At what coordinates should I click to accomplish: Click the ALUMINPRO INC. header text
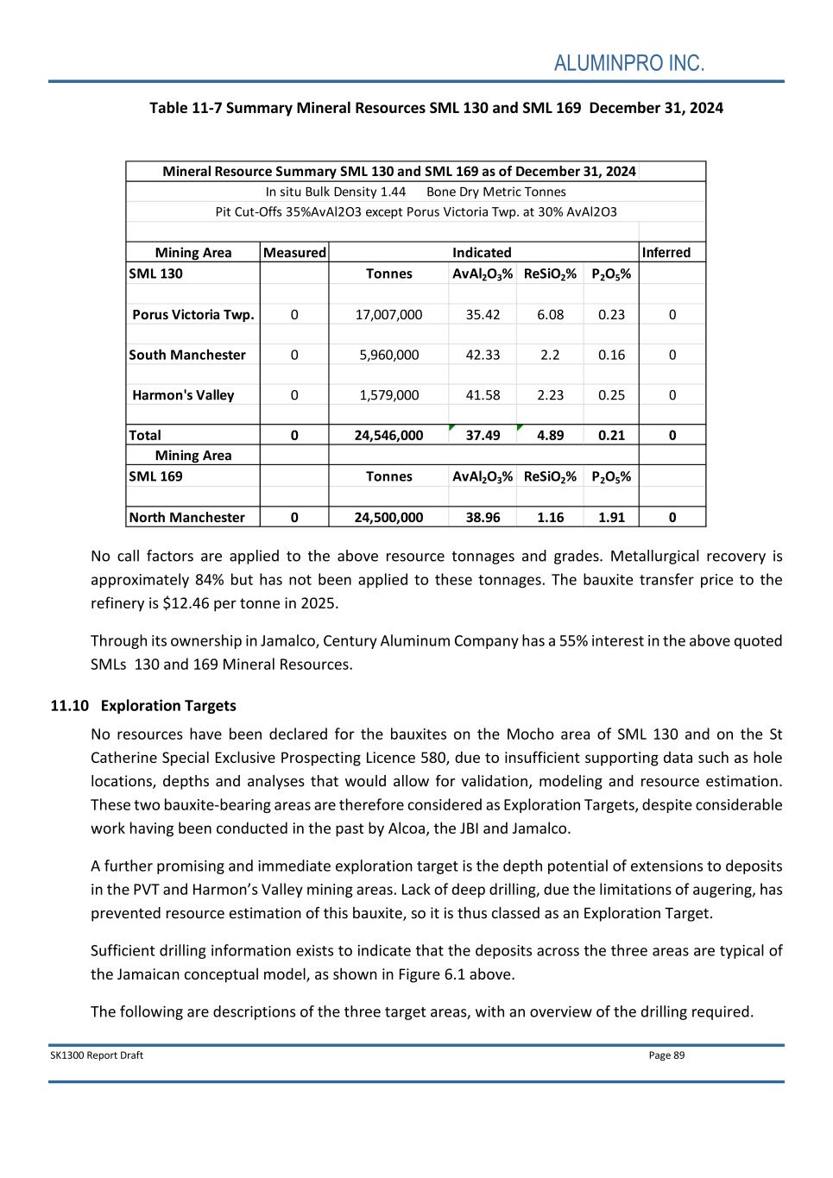pyautogui.click(x=628, y=64)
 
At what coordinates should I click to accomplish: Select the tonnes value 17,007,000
pyautogui.click(x=388, y=315)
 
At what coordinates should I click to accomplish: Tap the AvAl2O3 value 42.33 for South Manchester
pyautogui.click(x=483, y=355)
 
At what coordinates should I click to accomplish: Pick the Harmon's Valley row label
pyautogui.click(x=183, y=395)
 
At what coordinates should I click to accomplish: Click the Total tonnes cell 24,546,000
pyautogui.click(x=388, y=436)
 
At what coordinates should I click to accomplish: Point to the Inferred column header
pyautogui.click(x=666, y=253)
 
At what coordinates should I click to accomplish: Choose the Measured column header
pyautogui.click(x=294, y=253)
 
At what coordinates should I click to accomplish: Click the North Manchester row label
pyautogui.click(x=186, y=518)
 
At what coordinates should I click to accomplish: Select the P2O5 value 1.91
pyautogui.click(x=611, y=518)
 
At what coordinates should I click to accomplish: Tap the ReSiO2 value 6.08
pyautogui.click(x=550, y=315)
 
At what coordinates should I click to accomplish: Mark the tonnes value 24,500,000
pyautogui.click(x=388, y=518)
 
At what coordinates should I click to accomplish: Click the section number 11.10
pyautogui.click(x=70, y=706)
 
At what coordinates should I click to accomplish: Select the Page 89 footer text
pyautogui.click(x=666, y=1055)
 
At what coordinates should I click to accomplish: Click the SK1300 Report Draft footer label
pyautogui.click(x=97, y=1055)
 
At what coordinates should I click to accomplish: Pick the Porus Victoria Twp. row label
pyautogui.click(x=193, y=315)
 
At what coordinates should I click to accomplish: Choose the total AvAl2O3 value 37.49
pyautogui.click(x=483, y=436)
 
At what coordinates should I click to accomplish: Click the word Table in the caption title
pyautogui.click(x=168, y=108)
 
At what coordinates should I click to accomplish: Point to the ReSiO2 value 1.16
pyautogui.click(x=550, y=518)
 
